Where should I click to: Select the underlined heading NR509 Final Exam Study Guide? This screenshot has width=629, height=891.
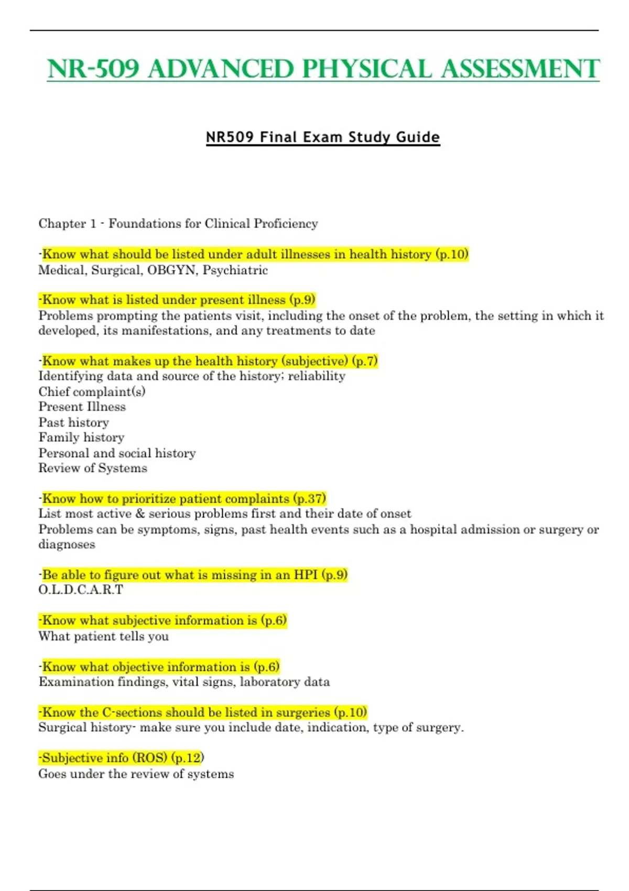coord(323,137)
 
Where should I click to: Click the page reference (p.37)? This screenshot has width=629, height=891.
coord(309,498)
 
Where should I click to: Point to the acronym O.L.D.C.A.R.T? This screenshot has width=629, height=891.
coord(81,590)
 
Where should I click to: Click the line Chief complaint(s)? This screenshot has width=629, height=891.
coord(92,392)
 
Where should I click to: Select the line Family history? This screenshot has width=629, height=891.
coord(81,438)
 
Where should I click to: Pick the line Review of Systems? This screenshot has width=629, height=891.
coord(93,468)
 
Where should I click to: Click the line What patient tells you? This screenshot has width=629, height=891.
coord(103,636)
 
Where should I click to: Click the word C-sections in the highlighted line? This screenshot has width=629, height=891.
coord(128,713)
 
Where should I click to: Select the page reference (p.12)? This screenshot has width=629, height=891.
coord(187,758)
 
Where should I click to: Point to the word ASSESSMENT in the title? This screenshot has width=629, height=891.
coord(520,69)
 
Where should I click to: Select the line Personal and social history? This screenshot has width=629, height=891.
coord(117,453)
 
